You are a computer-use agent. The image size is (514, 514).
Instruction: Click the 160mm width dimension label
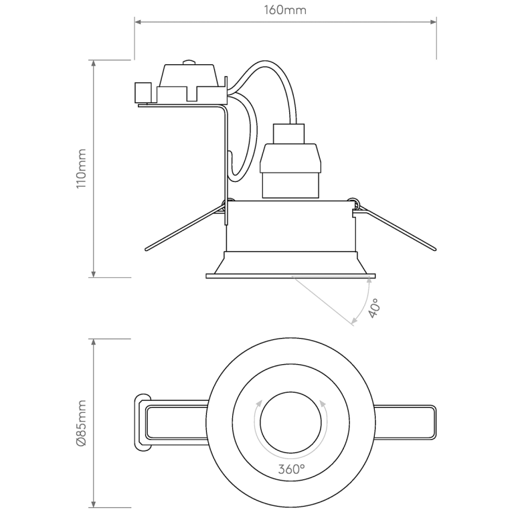tap(286, 11)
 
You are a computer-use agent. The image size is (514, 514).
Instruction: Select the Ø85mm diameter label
tap(81, 423)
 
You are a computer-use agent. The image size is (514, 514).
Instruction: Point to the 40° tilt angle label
tap(375, 307)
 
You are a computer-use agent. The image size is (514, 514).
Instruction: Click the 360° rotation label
tap(291, 469)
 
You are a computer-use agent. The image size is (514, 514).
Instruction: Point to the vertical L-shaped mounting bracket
tap(226, 154)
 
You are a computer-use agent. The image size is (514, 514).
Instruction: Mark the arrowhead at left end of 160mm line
tap(138, 22)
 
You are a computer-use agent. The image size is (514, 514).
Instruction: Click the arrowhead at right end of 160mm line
tap(434, 22)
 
